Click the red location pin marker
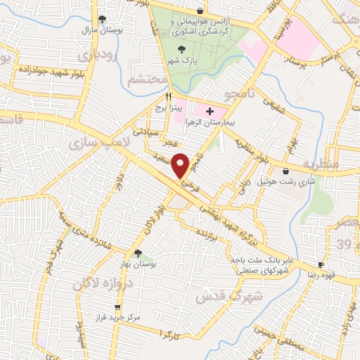(181, 165)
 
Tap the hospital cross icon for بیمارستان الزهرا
(210, 111)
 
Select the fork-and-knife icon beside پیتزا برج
(168, 96)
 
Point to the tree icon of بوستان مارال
(103, 19)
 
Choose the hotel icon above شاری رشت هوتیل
(285, 171)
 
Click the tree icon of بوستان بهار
(137, 253)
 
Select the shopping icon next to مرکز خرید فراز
(117, 307)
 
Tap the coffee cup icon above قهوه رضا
(321, 264)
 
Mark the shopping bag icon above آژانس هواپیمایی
(200, 11)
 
